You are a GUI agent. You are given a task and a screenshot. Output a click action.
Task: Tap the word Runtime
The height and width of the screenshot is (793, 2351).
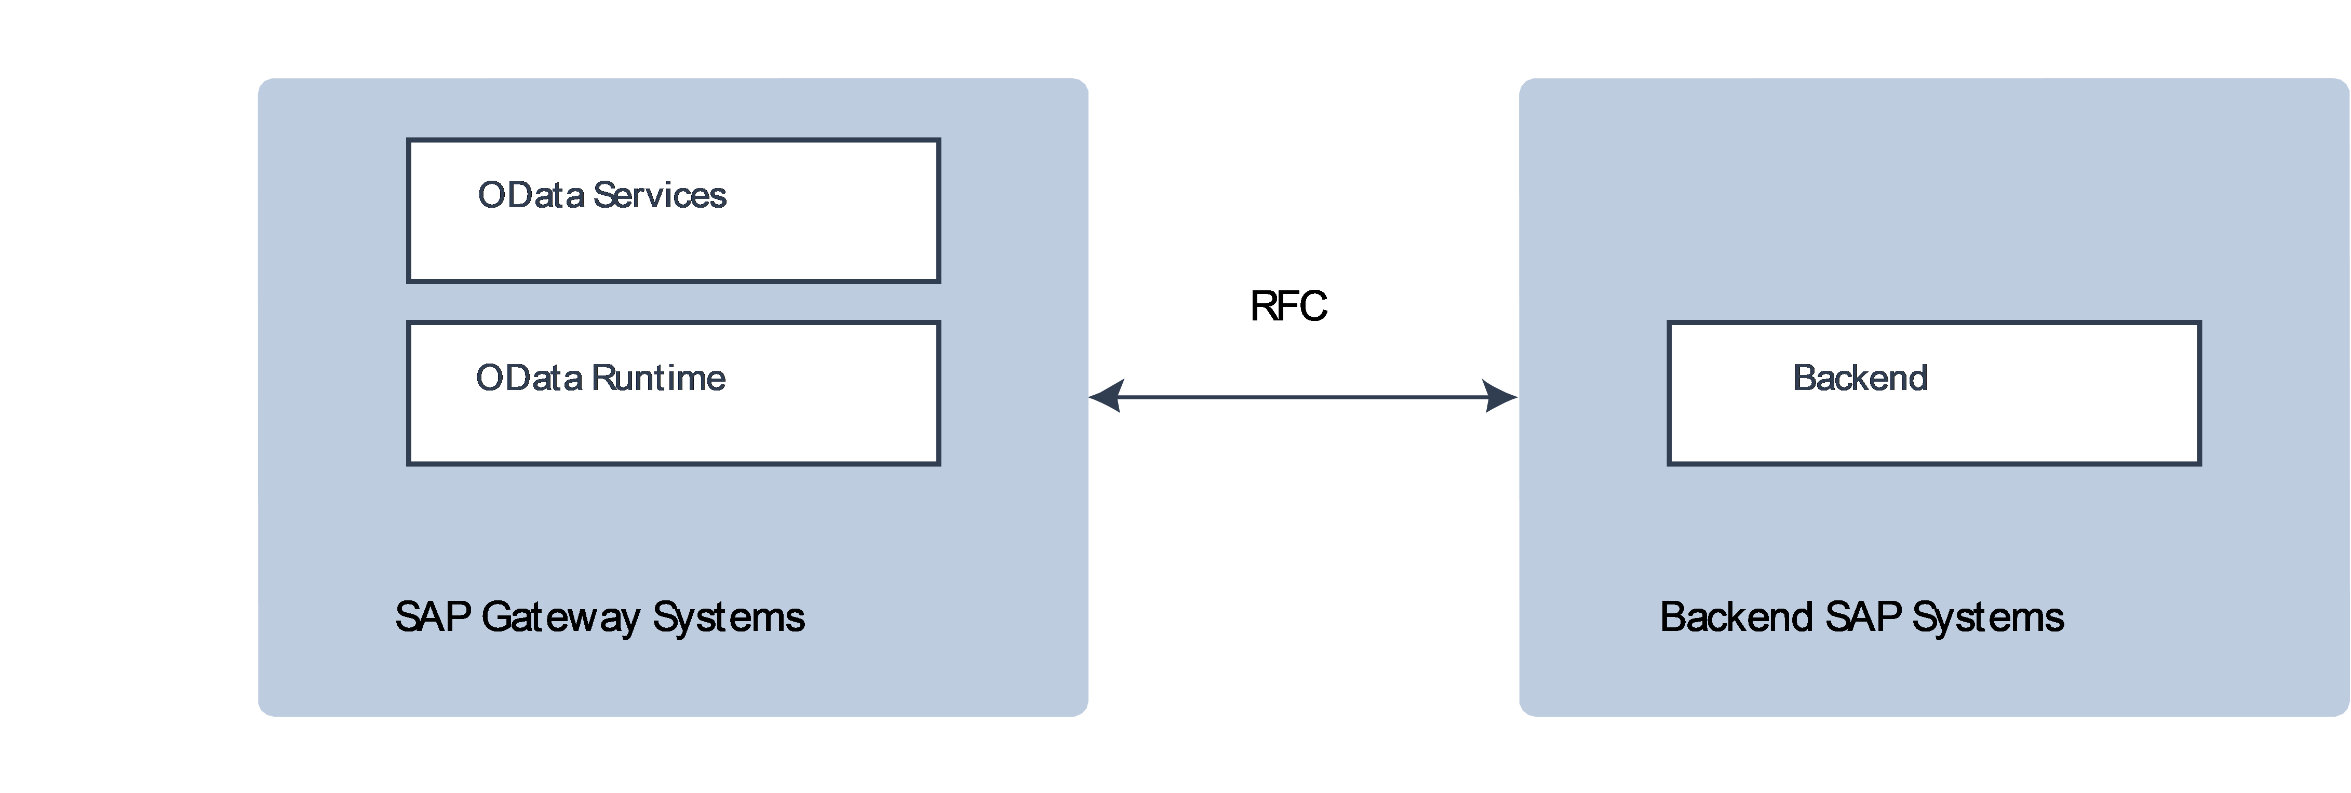point(658,378)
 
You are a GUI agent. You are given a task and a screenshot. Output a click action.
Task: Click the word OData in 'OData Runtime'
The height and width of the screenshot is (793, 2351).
point(529,378)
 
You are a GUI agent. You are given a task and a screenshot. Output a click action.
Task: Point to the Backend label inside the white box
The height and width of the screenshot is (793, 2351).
point(1860,378)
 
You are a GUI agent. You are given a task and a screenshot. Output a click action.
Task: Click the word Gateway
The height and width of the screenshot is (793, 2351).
point(560,618)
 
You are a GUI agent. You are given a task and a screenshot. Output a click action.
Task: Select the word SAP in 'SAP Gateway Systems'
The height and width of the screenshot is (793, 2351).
point(433,618)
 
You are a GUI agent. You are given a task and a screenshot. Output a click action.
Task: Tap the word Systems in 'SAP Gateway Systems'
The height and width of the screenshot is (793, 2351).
point(728,618)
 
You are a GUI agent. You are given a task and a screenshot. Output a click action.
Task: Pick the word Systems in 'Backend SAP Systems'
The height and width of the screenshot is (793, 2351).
point(1988,618)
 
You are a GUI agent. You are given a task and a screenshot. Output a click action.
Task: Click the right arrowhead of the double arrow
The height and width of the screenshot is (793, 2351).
point(1502,397)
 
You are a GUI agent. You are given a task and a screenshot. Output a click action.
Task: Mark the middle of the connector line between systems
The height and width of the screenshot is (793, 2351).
point(1304,397)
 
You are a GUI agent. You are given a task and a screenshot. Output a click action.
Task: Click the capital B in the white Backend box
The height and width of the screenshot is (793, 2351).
point(1804,378)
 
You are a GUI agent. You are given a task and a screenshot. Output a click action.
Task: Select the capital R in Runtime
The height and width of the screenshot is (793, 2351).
point(602,378)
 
